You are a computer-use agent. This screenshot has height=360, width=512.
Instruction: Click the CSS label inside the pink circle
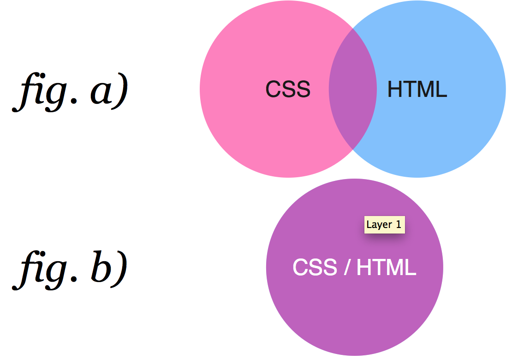click(288, 89)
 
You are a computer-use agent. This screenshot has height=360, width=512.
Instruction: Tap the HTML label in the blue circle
click(417, 89)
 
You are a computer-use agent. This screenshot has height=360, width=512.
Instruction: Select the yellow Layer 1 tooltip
click(384, 225)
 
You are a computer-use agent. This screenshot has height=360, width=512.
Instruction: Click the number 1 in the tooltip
click(398, 225)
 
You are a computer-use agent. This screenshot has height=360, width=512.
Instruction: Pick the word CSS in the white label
click(315, 267)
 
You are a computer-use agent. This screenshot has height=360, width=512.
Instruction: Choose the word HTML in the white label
click(387, 267)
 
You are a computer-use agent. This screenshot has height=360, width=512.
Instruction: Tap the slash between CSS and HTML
click(346, 267)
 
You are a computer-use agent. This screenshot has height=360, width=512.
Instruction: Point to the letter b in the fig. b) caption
click(100, 268)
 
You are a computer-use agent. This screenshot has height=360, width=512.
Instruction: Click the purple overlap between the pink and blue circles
click(352, 89)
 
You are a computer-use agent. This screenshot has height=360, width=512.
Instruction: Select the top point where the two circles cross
click(353, 28)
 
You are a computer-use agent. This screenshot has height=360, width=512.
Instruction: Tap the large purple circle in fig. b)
click(354, 314)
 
